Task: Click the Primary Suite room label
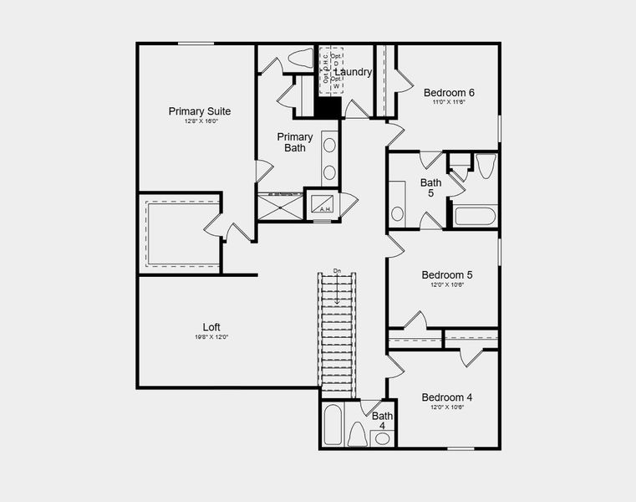(x=200, y=111)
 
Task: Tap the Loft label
(x=212, y=326)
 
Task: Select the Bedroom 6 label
(x=449, y=93)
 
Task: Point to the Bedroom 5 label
(x=447, y=274)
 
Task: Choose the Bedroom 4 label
(x=447, y=397)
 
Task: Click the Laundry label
(x=353, y=72)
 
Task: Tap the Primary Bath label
(x=295, y=142)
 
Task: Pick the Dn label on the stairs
(x=337, y=270)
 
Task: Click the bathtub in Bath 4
(x=331, y=425)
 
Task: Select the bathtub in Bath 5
(x=476, y=216)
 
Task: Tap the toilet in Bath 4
(x=357, y=434)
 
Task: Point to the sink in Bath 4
(x=382, y=438)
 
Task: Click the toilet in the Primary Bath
(x=298, y=59)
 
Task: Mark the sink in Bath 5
(x=398, y=213)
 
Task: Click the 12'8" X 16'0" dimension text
(x=201, y=122)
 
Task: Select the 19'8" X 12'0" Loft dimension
(x=212, y=337)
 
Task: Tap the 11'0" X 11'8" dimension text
(x=449, y=103)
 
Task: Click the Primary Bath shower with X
(x=279, y=206)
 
